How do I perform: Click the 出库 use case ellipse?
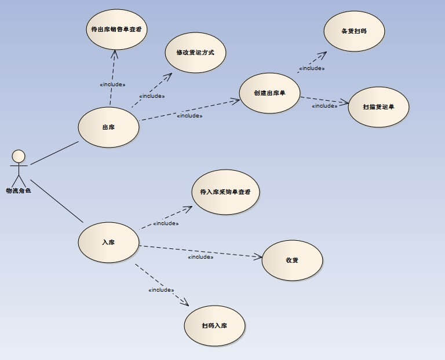pyautogui.click(x=108, y=127)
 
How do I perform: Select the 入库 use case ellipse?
pyautogui.click(x=108, y=242)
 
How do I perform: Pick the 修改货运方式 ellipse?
pyautogui.click(x=195, y=53)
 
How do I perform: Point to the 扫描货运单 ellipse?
pyautogui.click(x=379, y=106)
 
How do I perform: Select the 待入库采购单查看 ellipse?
pyautogui.click(x=225, y=192)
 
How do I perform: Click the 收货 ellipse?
pyautogui.click(x=292, y=260)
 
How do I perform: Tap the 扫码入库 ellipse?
pyautogui.click(x=214, y=325)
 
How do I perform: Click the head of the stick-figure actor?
pyautogui.click(x=19, y=156)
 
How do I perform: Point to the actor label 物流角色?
pyautogui.click(x=18, y=190)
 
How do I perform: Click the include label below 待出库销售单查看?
pyautogui.click(x=112, y=85)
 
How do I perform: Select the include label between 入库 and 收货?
pyautogui.click(x=200, y=256)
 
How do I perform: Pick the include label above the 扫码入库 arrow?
pyautogui.click(x=161, y=290)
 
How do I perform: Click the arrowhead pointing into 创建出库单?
pyautogui.click(x=236, y=101)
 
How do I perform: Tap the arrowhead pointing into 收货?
pyautogui.click(x=259, y=256)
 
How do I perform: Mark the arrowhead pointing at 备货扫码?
pyautogui.click(x=323, y=54)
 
